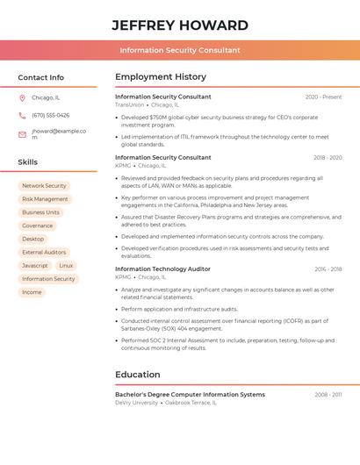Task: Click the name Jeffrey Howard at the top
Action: (180, 25)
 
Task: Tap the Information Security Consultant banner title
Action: (180, 50)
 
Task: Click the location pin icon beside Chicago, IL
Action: (22, 97)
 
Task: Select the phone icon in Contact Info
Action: (22, 115)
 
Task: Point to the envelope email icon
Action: (22, 134)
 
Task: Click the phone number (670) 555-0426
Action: (50, 115)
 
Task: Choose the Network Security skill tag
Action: (44, 186)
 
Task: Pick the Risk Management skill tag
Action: (45, 199)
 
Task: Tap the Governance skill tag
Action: (38, 225)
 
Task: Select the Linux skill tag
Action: (67, 265)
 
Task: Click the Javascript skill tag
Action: (35, 265)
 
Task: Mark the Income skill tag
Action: (32, 292)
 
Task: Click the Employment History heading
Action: (161, 77)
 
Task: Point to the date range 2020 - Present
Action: (323, 97)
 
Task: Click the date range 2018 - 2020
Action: (328, 158)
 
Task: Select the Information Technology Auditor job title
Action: (162, 269)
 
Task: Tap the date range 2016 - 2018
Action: (328, 269)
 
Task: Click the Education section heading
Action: (138, 375)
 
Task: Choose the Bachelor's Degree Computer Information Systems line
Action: (190, 395)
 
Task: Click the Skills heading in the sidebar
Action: (28, 162)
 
